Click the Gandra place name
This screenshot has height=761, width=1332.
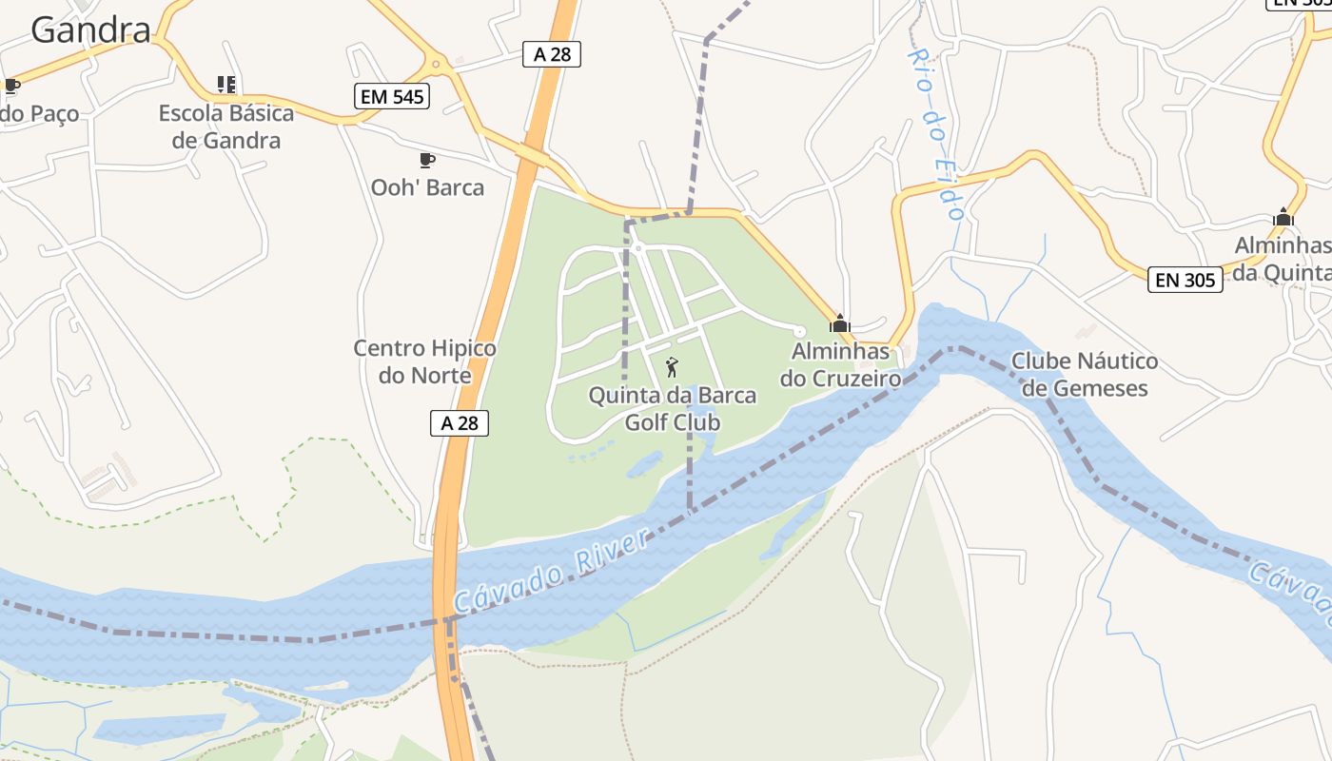click(x=90, y=29)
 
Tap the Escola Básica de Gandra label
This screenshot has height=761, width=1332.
click(x=226, y=127)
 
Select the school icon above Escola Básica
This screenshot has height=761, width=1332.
click(x=226, y=85)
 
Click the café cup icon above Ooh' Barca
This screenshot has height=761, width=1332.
click(x=426, y=160)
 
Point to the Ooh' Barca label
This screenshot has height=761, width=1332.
click(x=427, y=187)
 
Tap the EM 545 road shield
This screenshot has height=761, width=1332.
click(x=392, y=96)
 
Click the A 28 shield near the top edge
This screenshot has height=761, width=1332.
click(x=552, y=54)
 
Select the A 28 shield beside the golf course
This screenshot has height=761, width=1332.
click(x=460, y=422)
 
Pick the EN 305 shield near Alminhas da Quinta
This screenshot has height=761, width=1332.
click(x=1185, y=280)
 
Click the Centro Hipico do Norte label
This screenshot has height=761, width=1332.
click(x=424, y=361)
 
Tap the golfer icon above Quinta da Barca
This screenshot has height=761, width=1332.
click(x=672, y=366)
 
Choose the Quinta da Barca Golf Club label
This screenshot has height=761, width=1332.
click(x=673, y=408)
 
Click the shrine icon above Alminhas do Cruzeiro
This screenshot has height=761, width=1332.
click(x=839, y=323)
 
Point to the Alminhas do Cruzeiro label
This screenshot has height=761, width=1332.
click(x=840, y=365)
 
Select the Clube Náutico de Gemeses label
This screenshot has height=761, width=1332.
click(x=1085, y=374)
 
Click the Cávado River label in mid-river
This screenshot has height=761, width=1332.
click(x=552, y=571)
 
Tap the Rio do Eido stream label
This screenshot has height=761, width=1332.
click(x=936, y=133)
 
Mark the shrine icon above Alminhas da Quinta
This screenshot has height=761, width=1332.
click(x=1283, y=218)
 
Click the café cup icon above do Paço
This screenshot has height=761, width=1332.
click(x=11, y=87)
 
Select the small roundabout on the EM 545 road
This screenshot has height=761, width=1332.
click(x=437, y=65)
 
